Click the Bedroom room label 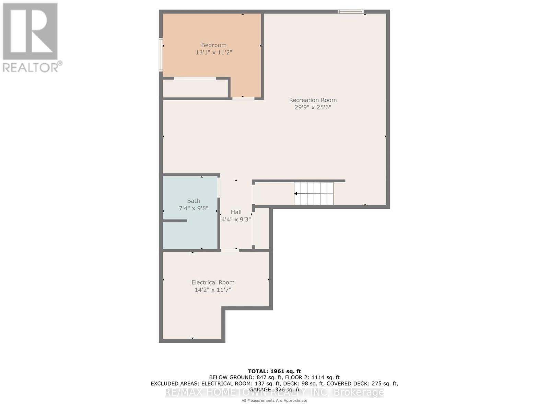pyautogui.click(x=213, y=45)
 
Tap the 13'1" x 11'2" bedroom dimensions pyautogui.click(x=213, y=53)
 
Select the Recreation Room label pyautogui.click(x=313, y=100)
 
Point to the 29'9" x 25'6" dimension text pyautogui.click(x=313, y=107)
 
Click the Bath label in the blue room pyautogui.click(x=193, y=201)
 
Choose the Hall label pyautogui.click(x=236, y=212)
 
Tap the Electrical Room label pyautogui.click(x=213, y=282)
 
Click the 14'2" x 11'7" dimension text pyautogui.click(x=213, y=290)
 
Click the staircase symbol pyautogui.click(x=314, y=194)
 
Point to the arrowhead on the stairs pyautogui.click(x=295, y=194)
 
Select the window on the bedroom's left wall pyautogui.click(x=161, y=55)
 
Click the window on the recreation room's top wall pyautogui.click(x=350, y=12)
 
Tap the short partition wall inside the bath pyautogui.click(x=175, y=221)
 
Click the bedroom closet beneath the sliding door pyautogui.click(x=195, y=89)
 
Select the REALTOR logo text pyautogui.click(x=32, y=67)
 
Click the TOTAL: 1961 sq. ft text pyautogui.click(x=274, y=371)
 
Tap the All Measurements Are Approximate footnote pyautogui.click(x=274, y=400)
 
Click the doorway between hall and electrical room pyautogui.click(x=230, y=250)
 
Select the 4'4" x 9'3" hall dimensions pyautogui.click(x=236, y=219)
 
